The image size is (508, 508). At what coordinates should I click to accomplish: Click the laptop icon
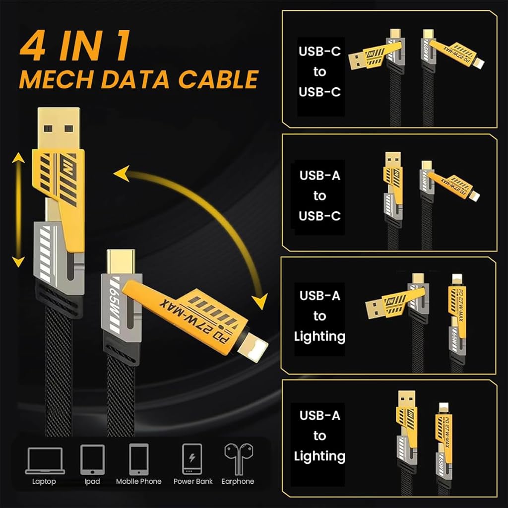45,461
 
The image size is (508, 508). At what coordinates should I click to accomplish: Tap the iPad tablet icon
92,460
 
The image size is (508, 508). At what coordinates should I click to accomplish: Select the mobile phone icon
139,459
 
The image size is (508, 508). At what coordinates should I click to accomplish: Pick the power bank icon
192,459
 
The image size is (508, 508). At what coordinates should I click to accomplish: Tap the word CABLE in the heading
218,79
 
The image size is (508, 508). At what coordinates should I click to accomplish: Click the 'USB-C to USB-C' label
320,71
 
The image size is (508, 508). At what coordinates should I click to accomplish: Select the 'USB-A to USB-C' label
320,195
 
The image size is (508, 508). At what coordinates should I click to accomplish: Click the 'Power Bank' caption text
193,481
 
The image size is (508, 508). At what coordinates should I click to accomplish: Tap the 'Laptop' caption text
44,482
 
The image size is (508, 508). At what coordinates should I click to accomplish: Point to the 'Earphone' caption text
238,481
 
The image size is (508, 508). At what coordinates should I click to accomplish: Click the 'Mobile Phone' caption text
139,481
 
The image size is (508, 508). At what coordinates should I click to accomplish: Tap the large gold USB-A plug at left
59,128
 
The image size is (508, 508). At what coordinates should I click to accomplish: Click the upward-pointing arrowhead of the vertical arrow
18,158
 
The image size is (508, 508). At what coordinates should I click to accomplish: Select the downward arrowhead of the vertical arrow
18,262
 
